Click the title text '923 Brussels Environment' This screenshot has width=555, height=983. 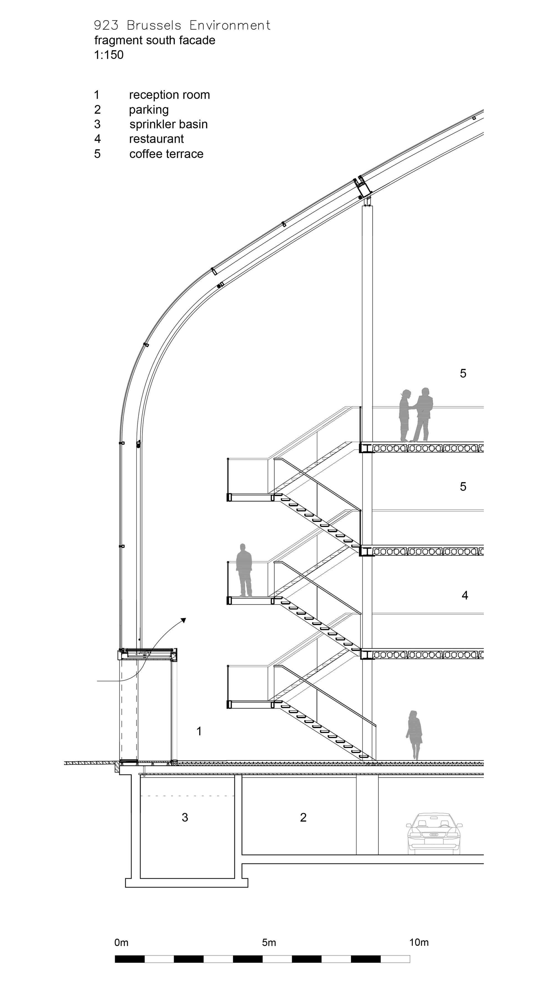(182, 26)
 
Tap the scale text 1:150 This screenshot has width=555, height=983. (109, 55)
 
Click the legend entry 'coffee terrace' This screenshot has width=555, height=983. (166, 154)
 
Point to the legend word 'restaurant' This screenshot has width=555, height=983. (157, 139)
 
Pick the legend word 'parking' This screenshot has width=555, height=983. (149, 110)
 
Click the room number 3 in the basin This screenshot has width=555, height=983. (185, 817)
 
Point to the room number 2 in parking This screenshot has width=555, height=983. (303, 817)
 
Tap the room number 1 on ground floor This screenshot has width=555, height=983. (199, 731)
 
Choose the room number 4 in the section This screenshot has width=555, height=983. (465, 595)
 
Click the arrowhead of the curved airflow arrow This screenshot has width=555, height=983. (183, 620)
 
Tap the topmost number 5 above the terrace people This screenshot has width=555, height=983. (463, 374)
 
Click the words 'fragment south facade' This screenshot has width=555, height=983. (155, 41)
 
